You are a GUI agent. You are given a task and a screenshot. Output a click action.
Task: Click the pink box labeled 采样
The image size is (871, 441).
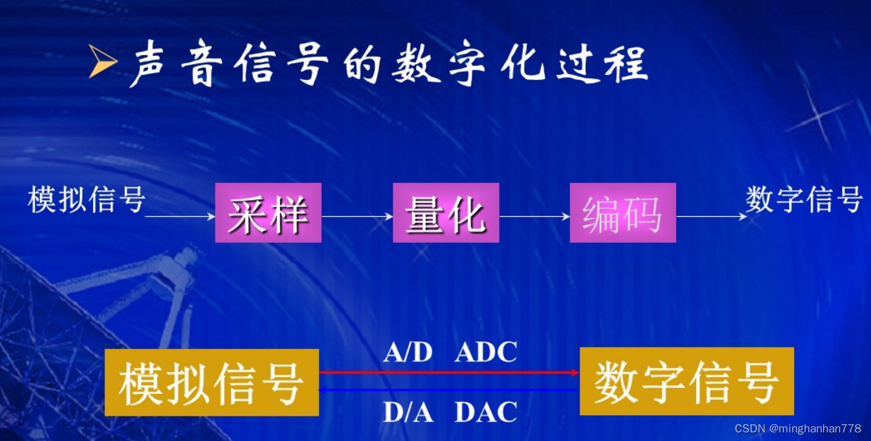point(268,212)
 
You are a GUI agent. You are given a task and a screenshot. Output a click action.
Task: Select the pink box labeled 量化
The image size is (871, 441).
point(445,212)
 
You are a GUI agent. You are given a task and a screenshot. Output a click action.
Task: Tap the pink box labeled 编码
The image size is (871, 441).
point(623,212)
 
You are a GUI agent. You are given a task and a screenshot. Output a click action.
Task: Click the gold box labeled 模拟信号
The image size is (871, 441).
point(211,382)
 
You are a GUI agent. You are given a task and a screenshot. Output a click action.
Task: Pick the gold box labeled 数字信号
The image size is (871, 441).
point(686,381)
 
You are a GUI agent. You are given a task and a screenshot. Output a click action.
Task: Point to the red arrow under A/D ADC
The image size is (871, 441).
point(448,372)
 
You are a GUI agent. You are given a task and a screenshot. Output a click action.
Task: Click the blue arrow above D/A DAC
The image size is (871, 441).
point(448,390)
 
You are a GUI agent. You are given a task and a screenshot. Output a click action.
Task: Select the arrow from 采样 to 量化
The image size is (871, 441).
point(357,216)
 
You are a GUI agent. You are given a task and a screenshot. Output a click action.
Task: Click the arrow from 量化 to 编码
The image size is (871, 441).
point(535,216)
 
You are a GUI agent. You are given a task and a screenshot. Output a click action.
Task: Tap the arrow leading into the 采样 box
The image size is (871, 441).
point(180,216)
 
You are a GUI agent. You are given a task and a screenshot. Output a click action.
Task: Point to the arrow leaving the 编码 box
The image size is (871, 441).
point(711,216)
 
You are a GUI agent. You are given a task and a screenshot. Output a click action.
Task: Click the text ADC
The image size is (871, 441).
point(486,352)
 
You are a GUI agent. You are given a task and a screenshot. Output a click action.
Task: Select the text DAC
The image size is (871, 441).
point(486,412)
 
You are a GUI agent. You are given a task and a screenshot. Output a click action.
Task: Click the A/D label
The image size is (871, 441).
point(408,352)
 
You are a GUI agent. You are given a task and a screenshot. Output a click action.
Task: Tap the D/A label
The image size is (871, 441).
point(408,412)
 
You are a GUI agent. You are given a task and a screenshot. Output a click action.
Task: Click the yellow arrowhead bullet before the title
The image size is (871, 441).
point(102,62)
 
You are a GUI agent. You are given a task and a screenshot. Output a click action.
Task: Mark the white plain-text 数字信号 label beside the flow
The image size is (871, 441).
point(804,199)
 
